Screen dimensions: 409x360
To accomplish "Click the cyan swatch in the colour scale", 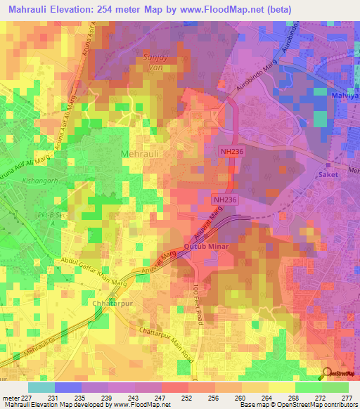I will tap(41, 387).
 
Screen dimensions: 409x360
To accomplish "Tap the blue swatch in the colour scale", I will tap(67, 387).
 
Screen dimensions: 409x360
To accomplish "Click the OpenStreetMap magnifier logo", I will tap(327, 374).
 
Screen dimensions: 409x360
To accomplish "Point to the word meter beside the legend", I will tap(10, 398).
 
